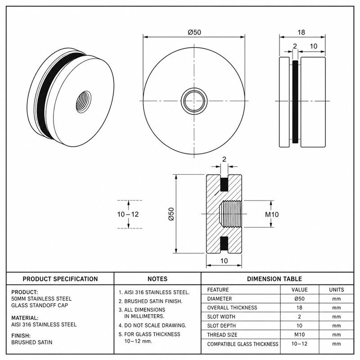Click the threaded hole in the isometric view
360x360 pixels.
pos(83,102)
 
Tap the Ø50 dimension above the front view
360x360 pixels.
pos(194,32)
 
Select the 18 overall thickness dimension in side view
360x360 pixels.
pos(301,32)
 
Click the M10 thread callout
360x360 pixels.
pos(272,215)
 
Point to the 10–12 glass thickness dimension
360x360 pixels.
pos(128,215)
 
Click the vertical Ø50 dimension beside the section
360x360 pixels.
pos(171,214)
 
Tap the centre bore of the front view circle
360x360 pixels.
pos(194,101)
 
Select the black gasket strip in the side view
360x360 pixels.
pos(295,102)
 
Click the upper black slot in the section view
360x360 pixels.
pos(224,184)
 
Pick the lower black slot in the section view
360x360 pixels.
pos(224,243)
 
